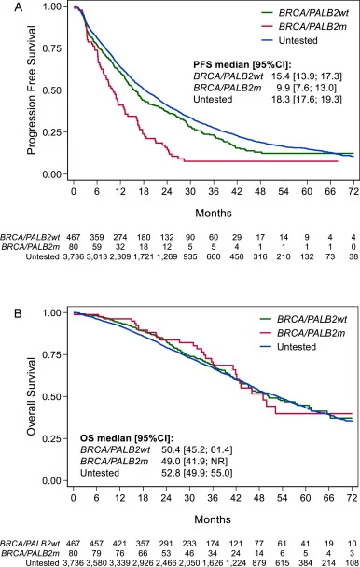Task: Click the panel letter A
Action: coord(18,7)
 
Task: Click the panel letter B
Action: coord(18,313)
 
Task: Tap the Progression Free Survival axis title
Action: coord(32,90)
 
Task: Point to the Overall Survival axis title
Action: coord(32,396)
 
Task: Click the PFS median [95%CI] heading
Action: coord(242,65)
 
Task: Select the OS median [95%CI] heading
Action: coord(127,438)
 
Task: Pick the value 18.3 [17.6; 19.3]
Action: coord(307,99)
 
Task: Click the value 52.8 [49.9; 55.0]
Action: coord(197,473)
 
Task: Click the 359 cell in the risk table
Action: coord(97,238)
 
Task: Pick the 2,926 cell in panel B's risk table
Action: coord(143,563)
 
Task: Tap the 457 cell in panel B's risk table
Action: coord(96,544)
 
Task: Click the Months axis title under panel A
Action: coord(214,213)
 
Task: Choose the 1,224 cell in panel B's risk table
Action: coord(236,563)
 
